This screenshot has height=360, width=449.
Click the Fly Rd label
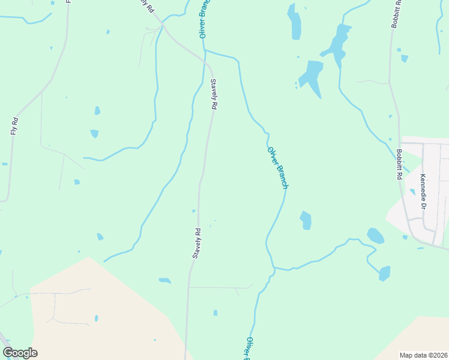pos(14,125)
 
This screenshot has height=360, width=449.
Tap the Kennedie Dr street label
pos(423,191)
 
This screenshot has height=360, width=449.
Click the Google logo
pos(20,353)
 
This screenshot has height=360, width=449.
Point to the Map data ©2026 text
pos(423,355)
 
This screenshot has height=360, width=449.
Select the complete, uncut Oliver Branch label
pos(278,168)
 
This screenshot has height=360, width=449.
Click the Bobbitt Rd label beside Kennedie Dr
pos(398,165)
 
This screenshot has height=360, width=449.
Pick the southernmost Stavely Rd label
pos(196,243)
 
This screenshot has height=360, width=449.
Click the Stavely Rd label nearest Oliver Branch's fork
pos(213,94)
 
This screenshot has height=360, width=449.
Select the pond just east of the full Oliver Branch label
pos(306,220)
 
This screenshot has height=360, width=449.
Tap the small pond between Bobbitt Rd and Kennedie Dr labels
pos(412,192)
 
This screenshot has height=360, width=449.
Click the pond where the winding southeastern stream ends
pos(384,274)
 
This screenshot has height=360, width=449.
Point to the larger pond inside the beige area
pos(96,318)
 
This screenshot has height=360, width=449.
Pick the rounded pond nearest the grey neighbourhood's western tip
pos(375,236)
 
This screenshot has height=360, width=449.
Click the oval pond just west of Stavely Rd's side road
pos(164,280)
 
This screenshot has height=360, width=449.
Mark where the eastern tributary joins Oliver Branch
pos(274,268)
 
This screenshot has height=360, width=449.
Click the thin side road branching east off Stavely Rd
pos(220,288)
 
